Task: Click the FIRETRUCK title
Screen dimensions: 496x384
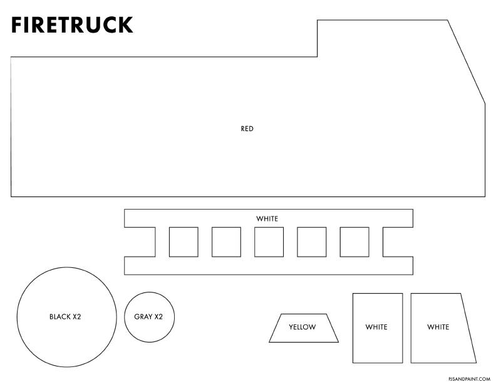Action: (x=72, y=25)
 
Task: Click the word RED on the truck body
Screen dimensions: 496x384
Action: (x=247, y=129)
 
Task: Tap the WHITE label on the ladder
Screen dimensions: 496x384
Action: (x=267, y=218)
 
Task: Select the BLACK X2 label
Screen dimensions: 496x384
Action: (x=65, y=316)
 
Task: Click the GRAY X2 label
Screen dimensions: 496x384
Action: (x=148, y=316)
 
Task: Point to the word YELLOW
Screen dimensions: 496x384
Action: (x=302, y=327)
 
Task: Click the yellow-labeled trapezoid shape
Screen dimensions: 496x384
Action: (x=304, y=328)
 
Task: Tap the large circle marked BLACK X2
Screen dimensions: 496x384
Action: (x=67, y=317)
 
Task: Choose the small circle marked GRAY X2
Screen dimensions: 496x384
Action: (x=149, y=317)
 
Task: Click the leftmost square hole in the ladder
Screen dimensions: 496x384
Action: (x=183, y=242)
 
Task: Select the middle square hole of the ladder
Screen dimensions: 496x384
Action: (x=269, y=242)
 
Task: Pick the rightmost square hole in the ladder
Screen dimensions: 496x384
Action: (x=354, y=242)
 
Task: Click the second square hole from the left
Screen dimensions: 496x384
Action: (x=227, y=242)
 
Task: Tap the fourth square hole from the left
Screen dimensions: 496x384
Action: (x=312, y=242)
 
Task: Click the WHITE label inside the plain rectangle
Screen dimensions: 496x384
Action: (x=376, y=327)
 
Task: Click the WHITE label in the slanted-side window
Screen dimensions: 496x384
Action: (x=438, y=327)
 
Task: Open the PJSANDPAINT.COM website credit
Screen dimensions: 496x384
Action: (x=470, y=379)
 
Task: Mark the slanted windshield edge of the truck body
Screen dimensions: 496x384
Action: (x=467, y=61)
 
